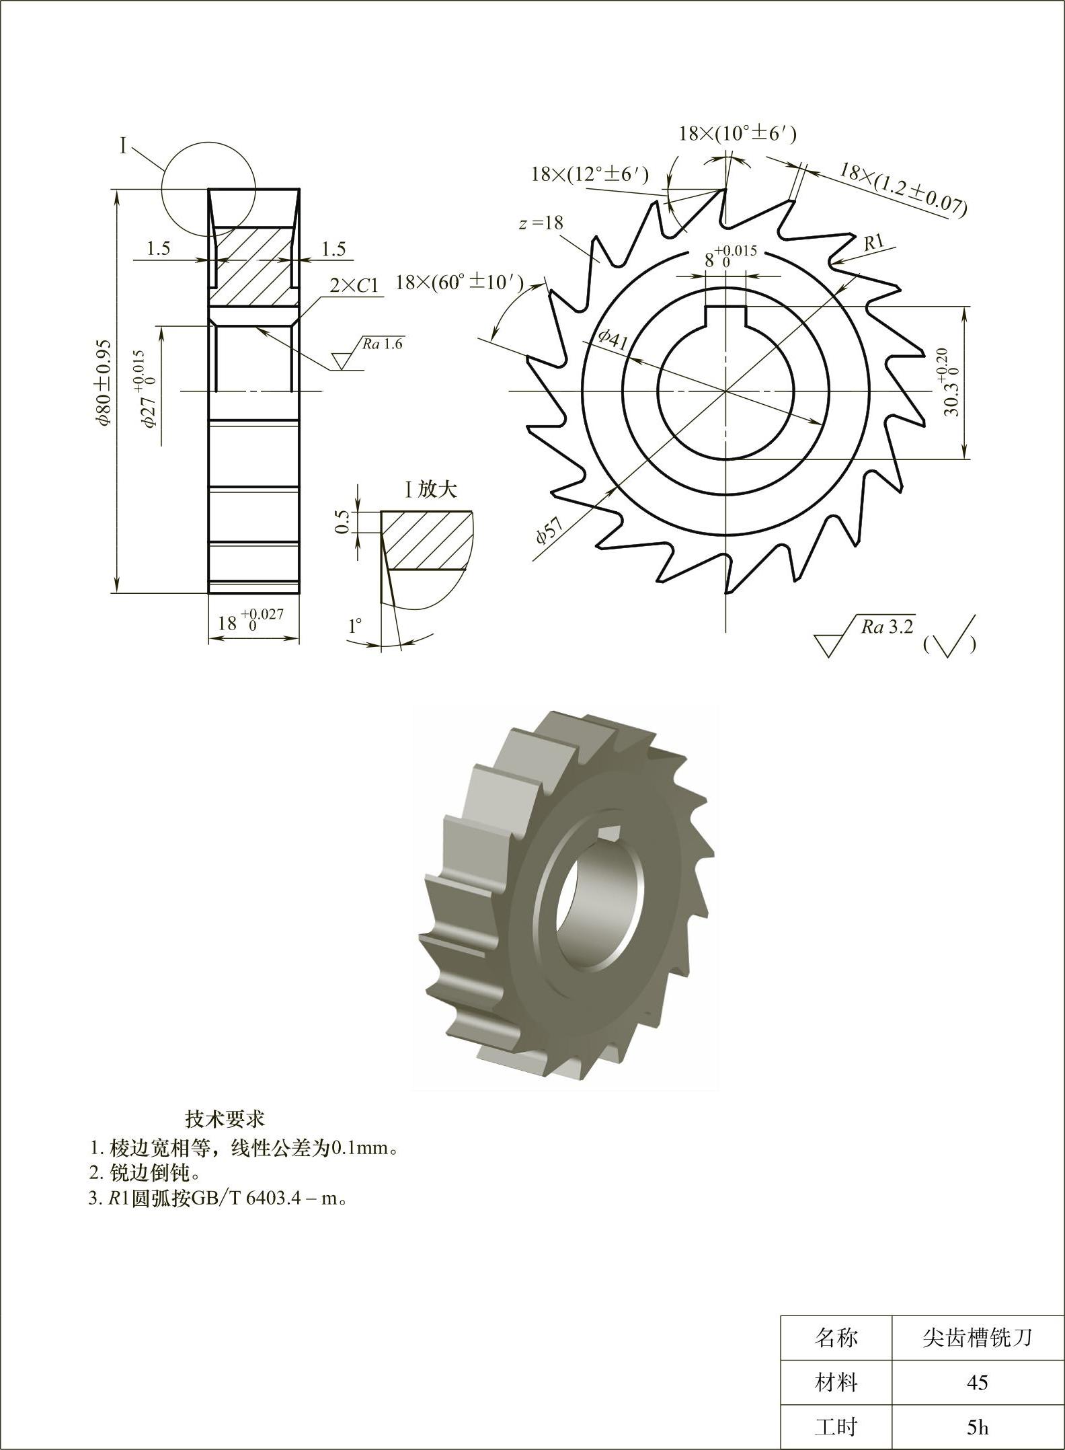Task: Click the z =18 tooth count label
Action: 541,223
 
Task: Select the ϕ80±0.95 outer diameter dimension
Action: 102,381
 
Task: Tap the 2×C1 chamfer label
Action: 354,286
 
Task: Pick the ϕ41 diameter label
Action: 613,340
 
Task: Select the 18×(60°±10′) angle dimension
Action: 459,282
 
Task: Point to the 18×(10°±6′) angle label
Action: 738,133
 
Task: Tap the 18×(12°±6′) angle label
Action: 590,174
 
